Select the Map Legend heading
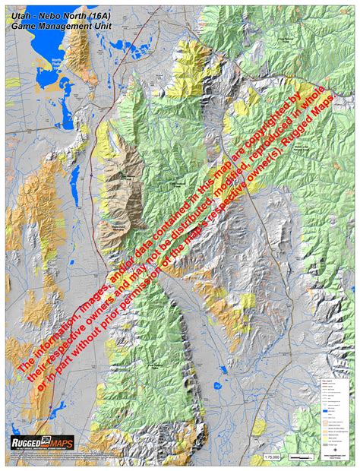(326, 375)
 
